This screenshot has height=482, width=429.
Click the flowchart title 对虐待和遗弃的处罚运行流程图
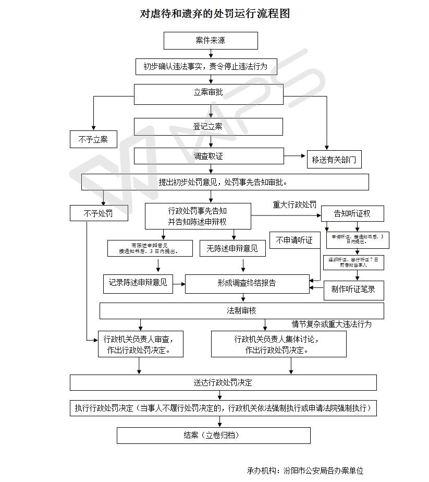[215, 14]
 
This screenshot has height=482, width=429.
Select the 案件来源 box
[211, 41]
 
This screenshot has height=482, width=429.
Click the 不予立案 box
[93, 139]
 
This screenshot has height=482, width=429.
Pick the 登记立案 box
[208, 127]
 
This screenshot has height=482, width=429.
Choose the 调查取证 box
[208, 156]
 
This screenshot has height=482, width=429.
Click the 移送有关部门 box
[334, 160]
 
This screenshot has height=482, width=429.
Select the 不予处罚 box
[99, 213]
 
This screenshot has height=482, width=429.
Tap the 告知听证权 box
[352, 213]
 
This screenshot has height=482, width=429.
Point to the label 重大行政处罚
[295, 204]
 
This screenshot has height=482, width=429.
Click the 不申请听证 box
[295, 240]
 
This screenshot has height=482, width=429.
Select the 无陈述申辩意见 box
[232, 249]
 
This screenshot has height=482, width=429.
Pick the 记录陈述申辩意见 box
[138, 283]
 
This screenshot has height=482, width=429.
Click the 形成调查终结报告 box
[247, 283]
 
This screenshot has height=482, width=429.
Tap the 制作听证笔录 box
[353, 290]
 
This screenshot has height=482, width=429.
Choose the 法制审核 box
[241, 311]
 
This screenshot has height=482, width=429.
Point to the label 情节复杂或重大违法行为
[332, 324]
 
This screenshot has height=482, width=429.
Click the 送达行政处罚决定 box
[223, 382]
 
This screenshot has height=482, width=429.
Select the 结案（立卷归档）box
[213, 435]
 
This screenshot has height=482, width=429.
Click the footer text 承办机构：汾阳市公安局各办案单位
[305, 471]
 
